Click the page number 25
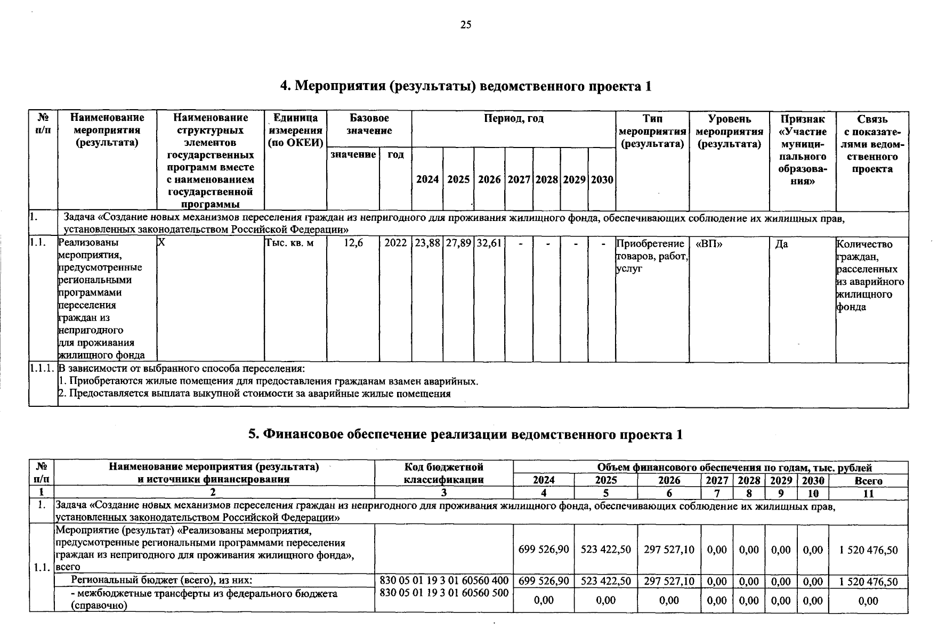(x=466, y=24)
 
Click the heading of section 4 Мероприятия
(x=466, y=86)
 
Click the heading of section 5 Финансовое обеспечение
(x=466, y=435)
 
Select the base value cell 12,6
(x=353, y=243)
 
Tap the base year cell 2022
(x=395, y=243)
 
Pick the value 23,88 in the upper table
(x=427, y=243)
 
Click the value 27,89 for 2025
(x=458, y=243)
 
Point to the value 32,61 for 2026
(x=489, y=243)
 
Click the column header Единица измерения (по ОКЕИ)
(x=296, y=130)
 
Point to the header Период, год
(x=513, y=119)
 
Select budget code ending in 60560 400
(x=443, y=581)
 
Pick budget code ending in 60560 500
(x=443, y=593)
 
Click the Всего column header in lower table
(x=868, y=481)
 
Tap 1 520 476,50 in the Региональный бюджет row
(x=868, y=581)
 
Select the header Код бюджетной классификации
(x=443, y=473)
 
